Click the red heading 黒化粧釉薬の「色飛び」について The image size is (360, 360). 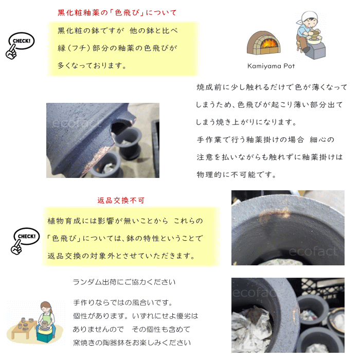[x=117, y=12]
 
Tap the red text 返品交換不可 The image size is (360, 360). [x=121, y=201]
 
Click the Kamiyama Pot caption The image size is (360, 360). [x=271, y=66]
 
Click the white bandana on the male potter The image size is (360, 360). [x=308, y=16]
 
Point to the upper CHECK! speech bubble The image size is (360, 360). [x=22, y=41]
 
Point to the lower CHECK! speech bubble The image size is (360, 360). [x=27, y=236]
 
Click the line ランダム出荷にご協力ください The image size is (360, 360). [x=124, y=282]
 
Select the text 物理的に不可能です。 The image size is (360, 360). [x=236, y=175]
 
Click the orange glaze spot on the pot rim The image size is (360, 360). [x=274, y=213]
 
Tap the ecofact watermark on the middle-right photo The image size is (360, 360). [x=313, y=251]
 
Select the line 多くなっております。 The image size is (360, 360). [x=92, y=66]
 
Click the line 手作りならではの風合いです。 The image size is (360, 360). [x=123, y=302]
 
